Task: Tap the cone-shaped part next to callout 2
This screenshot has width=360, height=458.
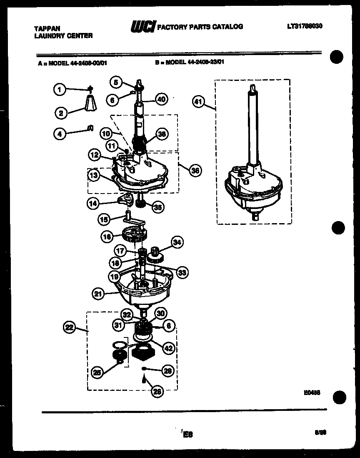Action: (x=91, y=103)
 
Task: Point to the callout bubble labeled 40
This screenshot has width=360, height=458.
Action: (x=161, y=99)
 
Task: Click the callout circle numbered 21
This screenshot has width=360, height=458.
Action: (x=97, y=294)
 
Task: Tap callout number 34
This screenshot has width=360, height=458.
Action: (x=177, y=242)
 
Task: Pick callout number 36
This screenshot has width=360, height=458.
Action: (x=194, y=170)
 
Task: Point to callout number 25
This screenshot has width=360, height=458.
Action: (x=97, y=373)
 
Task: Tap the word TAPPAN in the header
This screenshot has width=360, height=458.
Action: (x=47, y=28)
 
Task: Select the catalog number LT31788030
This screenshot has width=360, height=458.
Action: (x=305, y=26)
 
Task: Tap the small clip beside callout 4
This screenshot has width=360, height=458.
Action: (x=90, y=128)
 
